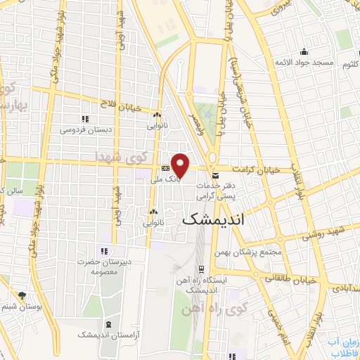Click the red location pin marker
[181, 165]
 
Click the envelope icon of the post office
[215, 169]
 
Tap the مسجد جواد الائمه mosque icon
[303, 51]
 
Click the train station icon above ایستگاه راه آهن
[202, 269]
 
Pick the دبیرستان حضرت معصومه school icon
[104, 251]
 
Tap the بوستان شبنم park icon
[22, 295]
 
